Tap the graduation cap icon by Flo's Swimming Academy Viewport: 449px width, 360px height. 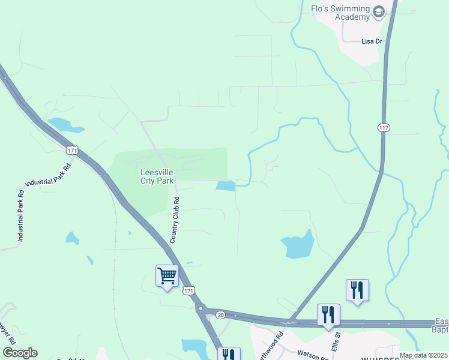pos(379,11)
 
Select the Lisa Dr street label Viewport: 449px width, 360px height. pos(372,41)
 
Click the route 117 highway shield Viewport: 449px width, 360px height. pos(384,127)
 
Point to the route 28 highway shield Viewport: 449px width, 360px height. pos(220,314)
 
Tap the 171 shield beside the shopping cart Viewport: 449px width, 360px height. pos(189,290)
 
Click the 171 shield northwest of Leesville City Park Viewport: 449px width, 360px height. pos(72,150)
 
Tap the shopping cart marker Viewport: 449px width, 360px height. pos(167,276)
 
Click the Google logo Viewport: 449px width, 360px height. pos(20,353)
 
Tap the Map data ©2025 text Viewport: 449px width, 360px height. pos(423,355)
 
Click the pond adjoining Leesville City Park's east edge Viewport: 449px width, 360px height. pos(226,186)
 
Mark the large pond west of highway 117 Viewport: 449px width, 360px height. pos(298,245)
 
